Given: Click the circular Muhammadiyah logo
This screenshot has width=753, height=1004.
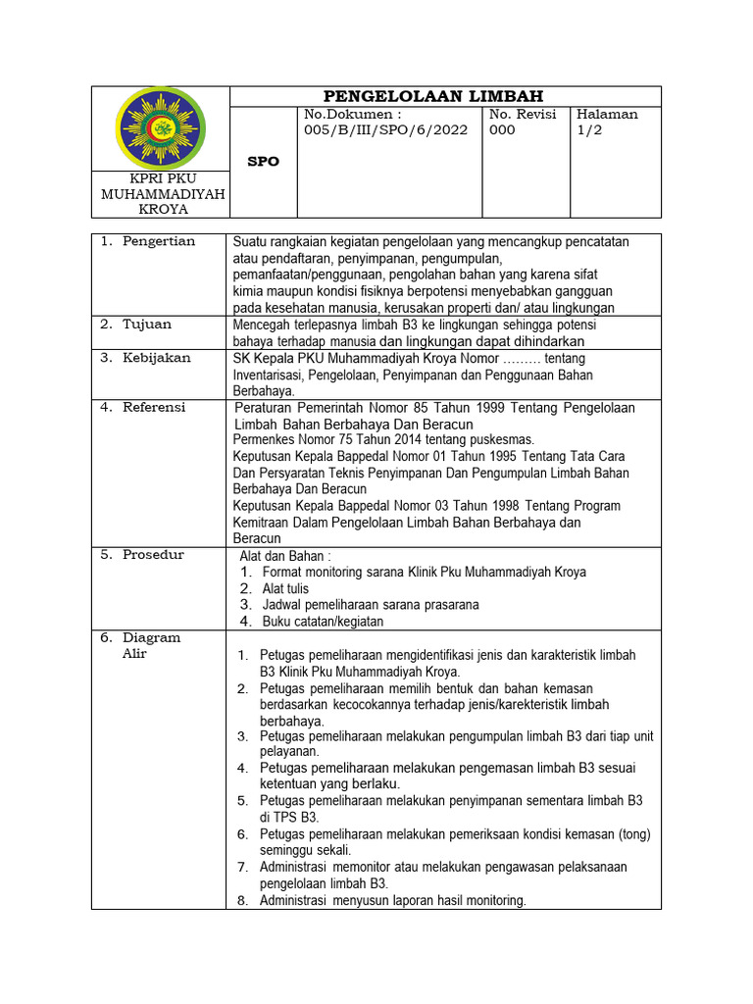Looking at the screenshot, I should point(160,127).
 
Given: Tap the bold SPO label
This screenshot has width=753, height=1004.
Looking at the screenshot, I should point(263,162).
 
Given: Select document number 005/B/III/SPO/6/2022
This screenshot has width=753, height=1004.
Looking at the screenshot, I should point(387,129).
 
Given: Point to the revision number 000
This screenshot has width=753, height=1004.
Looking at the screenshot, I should point(501,129).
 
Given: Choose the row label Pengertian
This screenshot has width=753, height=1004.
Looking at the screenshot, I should point(158,241).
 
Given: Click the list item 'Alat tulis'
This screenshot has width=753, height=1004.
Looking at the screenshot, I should point(285,588).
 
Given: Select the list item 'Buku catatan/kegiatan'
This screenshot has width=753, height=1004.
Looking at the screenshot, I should point(323,622).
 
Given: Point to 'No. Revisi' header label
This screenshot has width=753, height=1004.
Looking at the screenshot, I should point(523,114).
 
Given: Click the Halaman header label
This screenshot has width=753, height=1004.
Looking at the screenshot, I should point(608,114).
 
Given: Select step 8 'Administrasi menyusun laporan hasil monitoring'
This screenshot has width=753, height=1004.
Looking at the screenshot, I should point(392,900).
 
